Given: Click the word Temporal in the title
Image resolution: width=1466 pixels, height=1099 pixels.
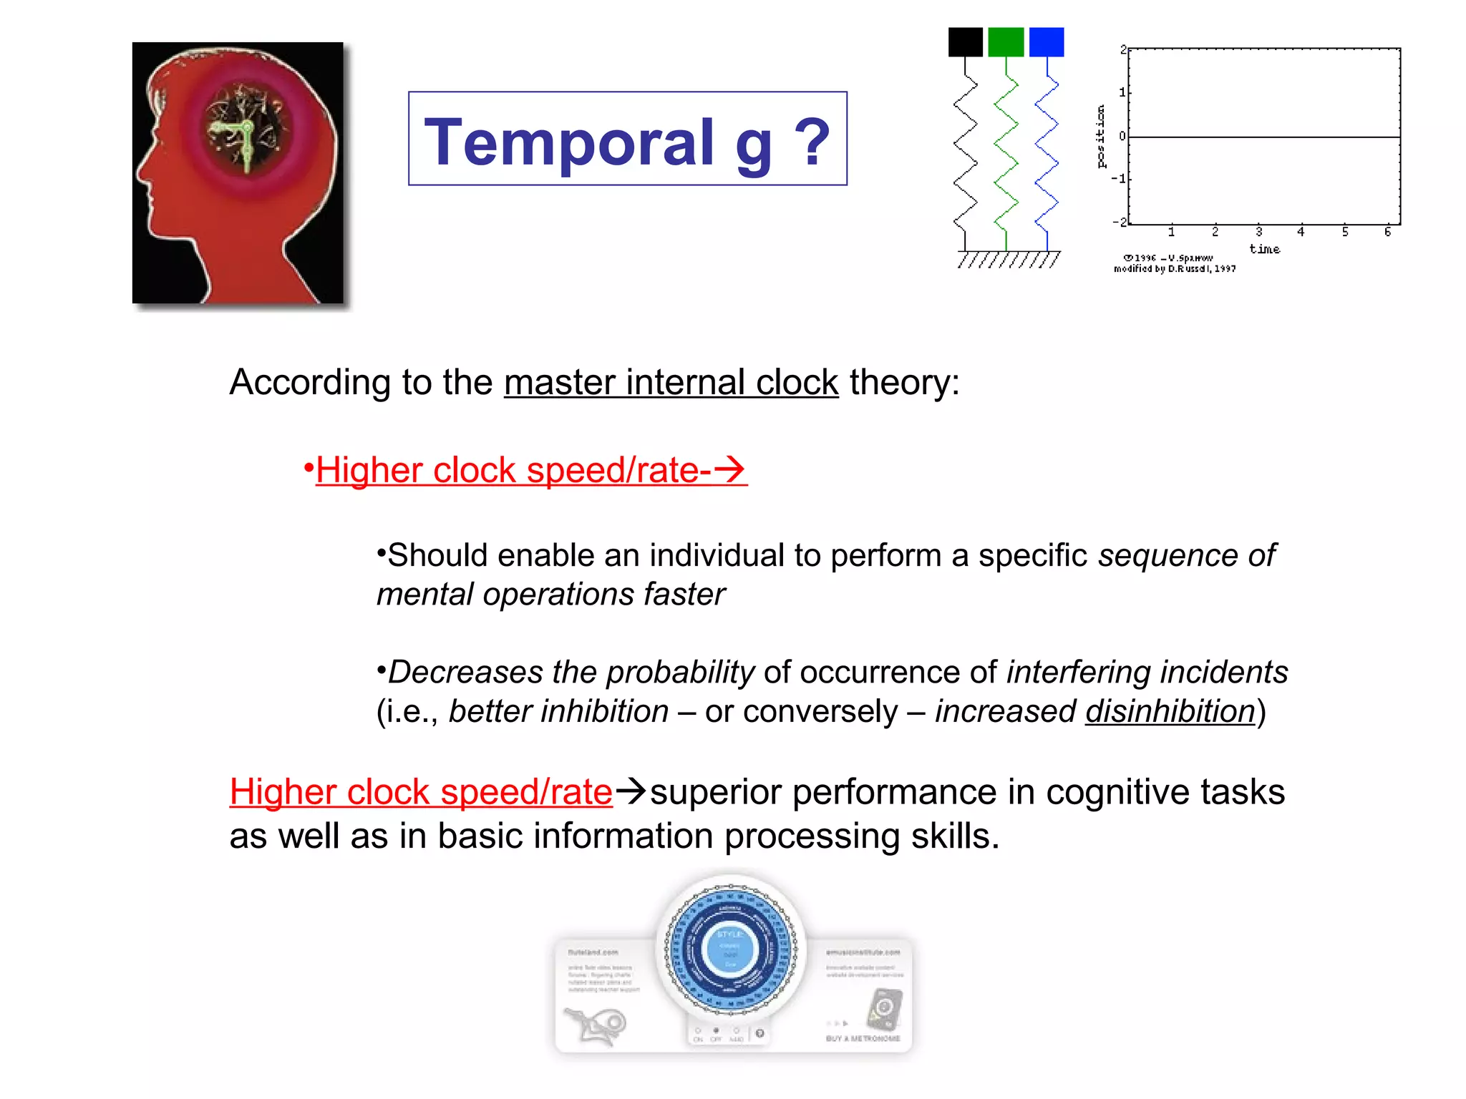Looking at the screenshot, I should [569, 142].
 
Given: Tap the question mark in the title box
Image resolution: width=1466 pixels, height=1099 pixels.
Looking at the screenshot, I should [812, 142].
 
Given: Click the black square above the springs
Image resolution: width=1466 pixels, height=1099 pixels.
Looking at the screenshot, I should [965, 42].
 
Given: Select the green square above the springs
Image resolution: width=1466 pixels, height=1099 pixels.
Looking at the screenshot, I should [1005, 42].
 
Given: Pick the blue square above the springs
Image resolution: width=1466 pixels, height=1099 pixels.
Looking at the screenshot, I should [1046, 42].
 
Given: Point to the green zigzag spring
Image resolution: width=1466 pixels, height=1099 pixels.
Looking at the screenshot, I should [1006, 154].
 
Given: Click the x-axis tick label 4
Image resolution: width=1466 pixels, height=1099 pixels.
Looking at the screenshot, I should [1301, 232].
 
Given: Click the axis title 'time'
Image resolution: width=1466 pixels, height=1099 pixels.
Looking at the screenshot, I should [1264, 249].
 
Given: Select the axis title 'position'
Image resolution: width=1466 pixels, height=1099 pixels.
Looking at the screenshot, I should [1101, 136].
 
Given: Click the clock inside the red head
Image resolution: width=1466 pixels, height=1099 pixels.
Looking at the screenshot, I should [244, 135].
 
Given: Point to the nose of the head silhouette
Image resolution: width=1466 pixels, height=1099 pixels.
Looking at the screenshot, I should [141, 172].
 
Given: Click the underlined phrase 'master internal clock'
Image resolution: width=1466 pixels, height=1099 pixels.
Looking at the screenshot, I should [671, 382].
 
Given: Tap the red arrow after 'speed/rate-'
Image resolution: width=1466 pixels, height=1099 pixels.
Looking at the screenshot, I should [729, 469].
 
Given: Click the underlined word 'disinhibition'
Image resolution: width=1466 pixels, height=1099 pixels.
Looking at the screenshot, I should [1170, 711].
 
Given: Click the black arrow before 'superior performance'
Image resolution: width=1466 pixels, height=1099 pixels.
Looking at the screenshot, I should [631, 791].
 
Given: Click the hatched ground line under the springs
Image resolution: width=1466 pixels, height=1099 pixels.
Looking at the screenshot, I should [1008, 259].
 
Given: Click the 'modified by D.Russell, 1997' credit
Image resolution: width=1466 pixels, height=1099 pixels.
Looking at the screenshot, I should [1174, 269].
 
